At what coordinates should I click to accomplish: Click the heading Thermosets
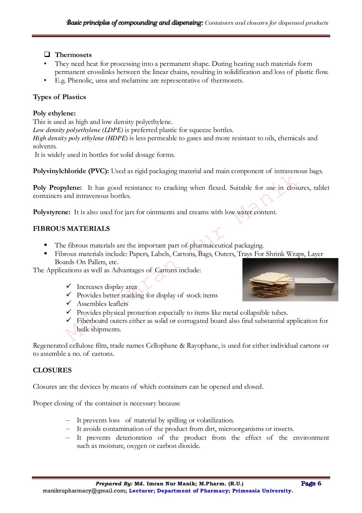pyautogui.click(x=73, y=55)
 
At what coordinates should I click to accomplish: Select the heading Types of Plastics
pyautogui.click(x=59, y=97)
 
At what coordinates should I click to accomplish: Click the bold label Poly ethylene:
pyautogui.click(x=54, y=113)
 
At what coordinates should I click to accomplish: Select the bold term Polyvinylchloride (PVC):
pyautogui.click(x=71, y=171)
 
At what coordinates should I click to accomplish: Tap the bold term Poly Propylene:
pyautogui.click(x=57, y=188)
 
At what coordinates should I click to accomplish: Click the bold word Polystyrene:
pyautogui.click(x=52, y=212)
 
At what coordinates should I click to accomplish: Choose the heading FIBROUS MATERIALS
pyautogui.click(x=71, y=229)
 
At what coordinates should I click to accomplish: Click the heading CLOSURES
pyautogui.click(x=52, y=370)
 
